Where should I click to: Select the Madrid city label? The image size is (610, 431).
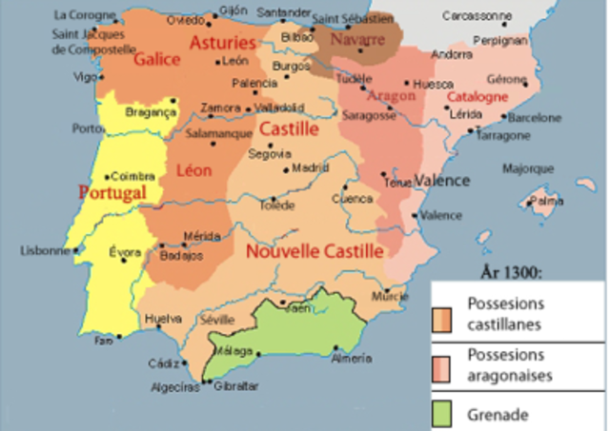coord(310,167)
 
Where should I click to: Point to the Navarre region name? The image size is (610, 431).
coord(357,40)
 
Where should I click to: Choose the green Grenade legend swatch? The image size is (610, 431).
coord(444,414)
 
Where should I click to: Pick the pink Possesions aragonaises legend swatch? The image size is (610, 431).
coord(444,365)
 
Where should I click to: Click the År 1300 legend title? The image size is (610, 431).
coord(511,272)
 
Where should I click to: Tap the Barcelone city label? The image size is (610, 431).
coord(535,119)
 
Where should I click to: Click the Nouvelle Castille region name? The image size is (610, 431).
coord(315,251)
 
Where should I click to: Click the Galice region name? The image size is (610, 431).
coord(157,59)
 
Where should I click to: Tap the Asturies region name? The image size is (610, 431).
coord(222,43)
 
